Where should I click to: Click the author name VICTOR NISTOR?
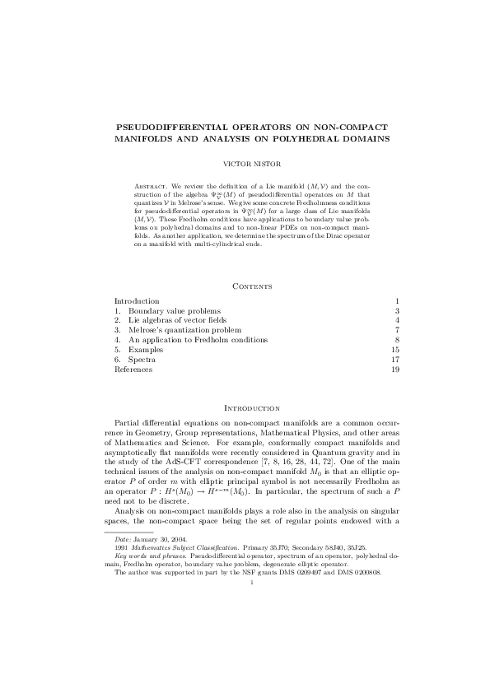tap(245, 164)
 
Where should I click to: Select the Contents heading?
tap(245, 285)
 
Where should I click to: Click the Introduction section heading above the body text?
tap(245, 407)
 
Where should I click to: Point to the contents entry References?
tap(133, 370)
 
